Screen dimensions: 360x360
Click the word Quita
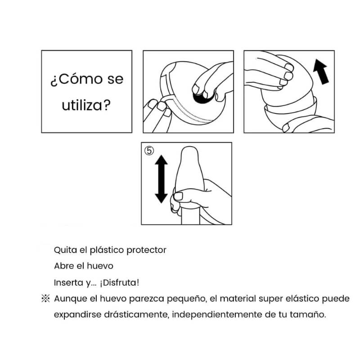pyautogui.click(x=65, y=250)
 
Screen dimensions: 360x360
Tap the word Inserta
pyautogui.click(x=68, y=283)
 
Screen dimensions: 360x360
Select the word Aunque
pyautogui.click(x=69, y=299)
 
